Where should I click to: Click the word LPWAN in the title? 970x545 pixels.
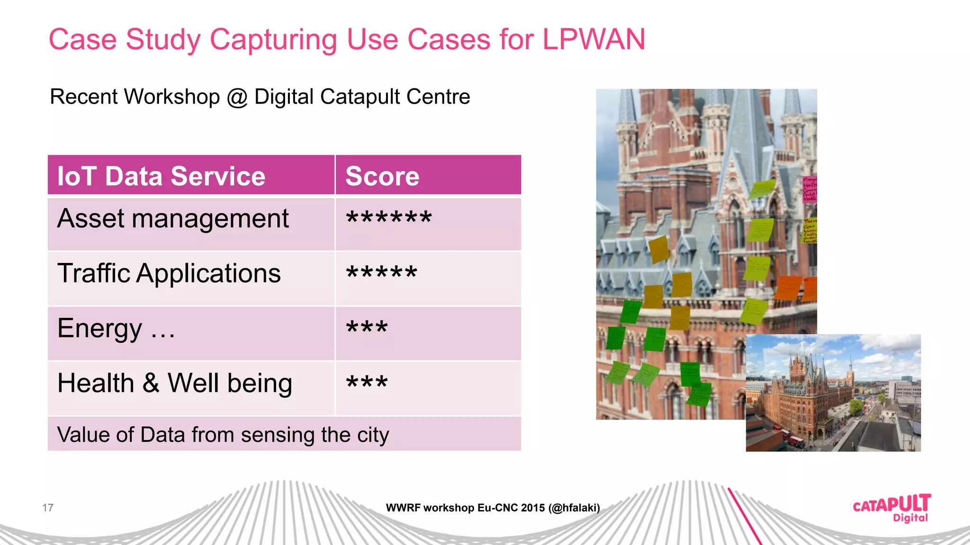[593, 39]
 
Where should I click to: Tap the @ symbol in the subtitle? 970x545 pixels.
[237, 97]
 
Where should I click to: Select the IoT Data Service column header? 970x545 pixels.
[161, 176]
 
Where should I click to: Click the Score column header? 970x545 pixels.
[382, 176]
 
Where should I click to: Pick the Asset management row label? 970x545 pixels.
[173, 219]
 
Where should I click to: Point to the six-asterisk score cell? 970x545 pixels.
[389, 218]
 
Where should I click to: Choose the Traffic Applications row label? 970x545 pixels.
[169, 273]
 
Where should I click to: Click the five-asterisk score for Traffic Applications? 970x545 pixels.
[382, 273]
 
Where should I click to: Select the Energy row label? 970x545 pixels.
[116, 328]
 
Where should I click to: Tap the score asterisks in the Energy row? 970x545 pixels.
[367, 327]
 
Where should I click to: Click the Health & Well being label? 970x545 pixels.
[174, 383]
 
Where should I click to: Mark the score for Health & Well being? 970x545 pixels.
[367, 382]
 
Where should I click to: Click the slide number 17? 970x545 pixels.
[48, 508]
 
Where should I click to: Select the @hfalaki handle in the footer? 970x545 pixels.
[574, 508]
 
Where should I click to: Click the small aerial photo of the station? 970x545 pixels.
[833, 393]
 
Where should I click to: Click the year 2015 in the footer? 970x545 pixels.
[533, 508]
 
